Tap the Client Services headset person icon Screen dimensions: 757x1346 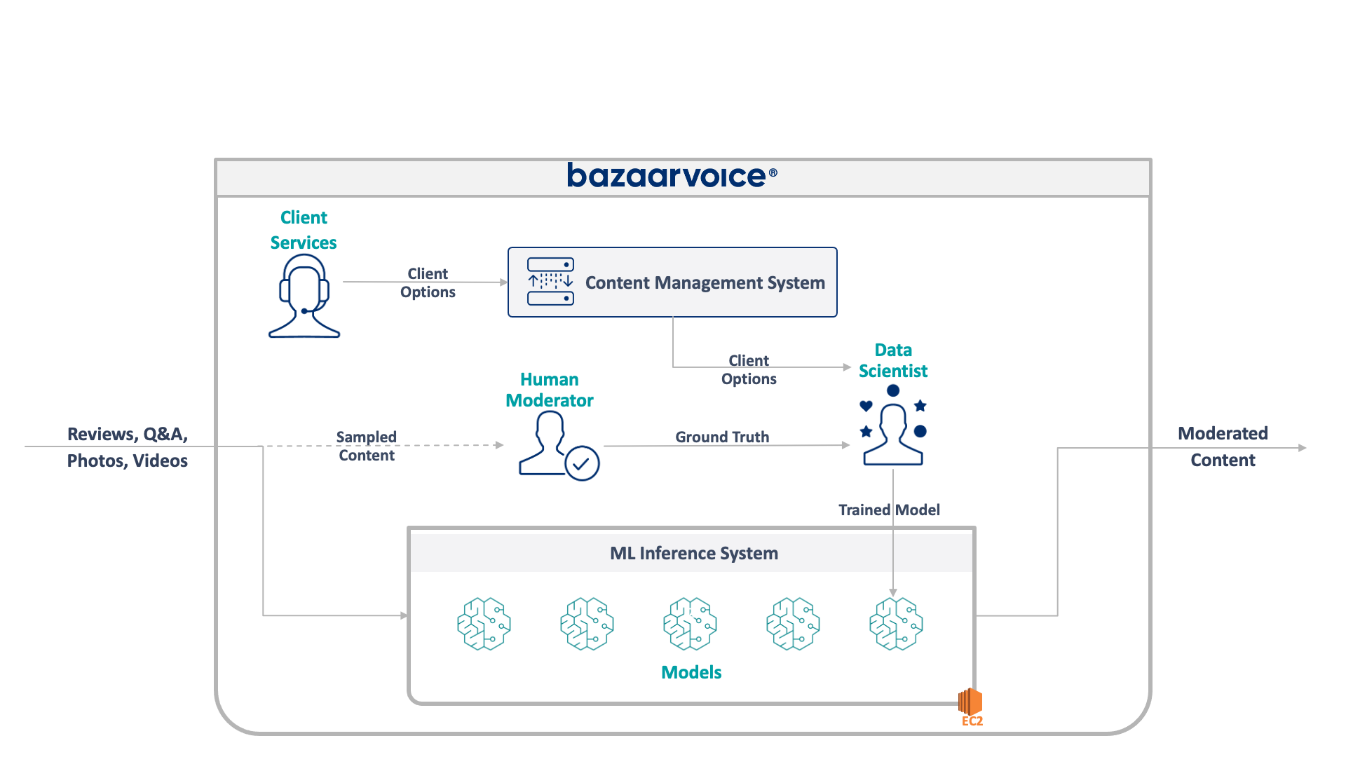coord(304,296)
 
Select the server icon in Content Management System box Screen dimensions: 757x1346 coord(550,282)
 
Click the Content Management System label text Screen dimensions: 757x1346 coord(705,282)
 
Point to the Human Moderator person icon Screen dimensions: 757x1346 coord(545,443)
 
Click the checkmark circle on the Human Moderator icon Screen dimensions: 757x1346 coord(582,463)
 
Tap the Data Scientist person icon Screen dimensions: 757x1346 coord(893,435)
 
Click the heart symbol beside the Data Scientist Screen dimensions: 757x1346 coord(866,406)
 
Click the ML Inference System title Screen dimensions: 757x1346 coord(693,553)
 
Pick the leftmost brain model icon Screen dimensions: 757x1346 coord(484,623)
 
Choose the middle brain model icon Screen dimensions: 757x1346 coord(690,623)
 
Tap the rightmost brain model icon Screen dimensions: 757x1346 coord(896,623)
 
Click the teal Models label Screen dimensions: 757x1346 coord(691,672)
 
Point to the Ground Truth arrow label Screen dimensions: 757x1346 coord(722,437)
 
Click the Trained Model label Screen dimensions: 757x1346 coord(889,510)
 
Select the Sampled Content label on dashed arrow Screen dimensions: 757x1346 coord(367,446)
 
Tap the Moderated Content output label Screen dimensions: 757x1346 coord(1223,446)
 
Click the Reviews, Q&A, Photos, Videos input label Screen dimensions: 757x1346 coord(128,447)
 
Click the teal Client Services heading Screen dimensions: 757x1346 coord(304,230)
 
